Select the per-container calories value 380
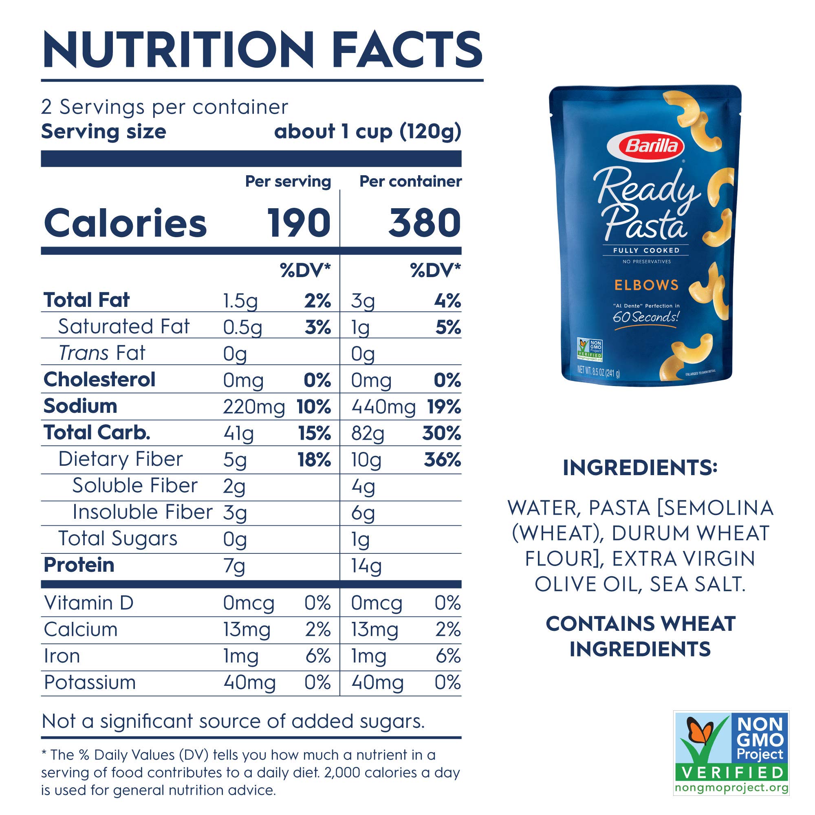pos(424,223)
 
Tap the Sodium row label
pos(80,406)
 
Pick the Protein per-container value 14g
pos(366,566)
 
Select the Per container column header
pos(410,181)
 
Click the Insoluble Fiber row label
pos(142,512)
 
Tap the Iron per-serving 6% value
pos(317,656)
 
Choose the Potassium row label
pos(90,683)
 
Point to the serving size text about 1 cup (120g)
pos(368,132)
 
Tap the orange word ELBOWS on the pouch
pos(646,285)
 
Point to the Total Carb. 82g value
pos(368,434)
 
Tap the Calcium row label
pos(81,630)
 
